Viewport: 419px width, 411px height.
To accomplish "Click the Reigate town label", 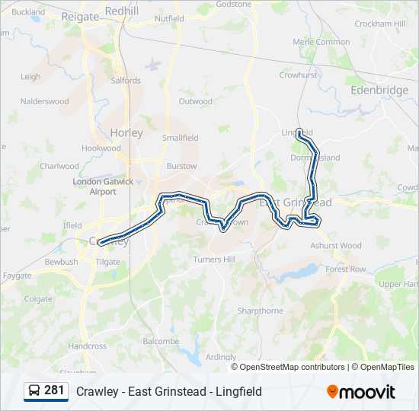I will [x=81, y=17].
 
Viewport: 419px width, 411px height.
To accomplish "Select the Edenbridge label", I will [x=379, y=90].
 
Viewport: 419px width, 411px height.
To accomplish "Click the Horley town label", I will [x=126, y=132].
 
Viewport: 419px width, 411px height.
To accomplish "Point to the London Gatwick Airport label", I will [x=103, y=186].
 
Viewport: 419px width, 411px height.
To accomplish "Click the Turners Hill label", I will [x=213, y=260].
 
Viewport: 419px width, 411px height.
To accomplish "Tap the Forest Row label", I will [x=346, y=269].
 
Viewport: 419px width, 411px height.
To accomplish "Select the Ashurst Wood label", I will [x=336, y=246].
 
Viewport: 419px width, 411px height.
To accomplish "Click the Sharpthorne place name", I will [x=260, y=311].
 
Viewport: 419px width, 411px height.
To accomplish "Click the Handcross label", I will [x=88, y=346].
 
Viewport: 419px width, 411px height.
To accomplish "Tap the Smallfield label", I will [x=180, y=138].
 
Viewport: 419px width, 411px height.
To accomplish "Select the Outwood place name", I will [x=195, y=101].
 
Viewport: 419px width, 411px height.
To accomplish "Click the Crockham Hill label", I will [x=379, y=24].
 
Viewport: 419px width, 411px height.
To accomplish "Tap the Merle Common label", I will [x=321, y=42].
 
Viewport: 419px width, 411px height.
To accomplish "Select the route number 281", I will [x=54, y=390].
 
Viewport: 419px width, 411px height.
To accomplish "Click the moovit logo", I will [x=361, y=392].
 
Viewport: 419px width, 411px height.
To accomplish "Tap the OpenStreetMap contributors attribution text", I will [x=292, y=367].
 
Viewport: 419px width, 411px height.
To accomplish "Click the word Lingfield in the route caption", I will [x=238, y=391].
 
